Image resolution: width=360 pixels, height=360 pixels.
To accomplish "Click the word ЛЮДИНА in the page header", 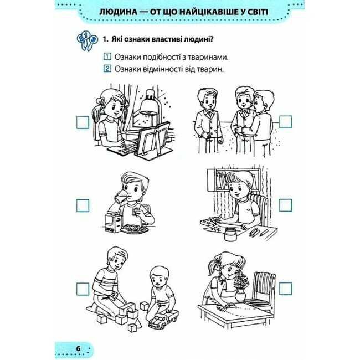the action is pyautogui.click(x=118, y=12).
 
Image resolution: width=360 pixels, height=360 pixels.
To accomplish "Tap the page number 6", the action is pyautogui.click(x=78, y=348).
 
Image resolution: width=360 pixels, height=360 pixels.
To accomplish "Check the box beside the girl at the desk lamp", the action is pyautogui.click(x=83, y=122).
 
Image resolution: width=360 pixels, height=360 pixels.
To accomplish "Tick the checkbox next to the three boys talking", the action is pyautogui.click(x=286, y=122).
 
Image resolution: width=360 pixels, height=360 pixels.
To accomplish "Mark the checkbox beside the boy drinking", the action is pyautogui.click(x=83, y=205).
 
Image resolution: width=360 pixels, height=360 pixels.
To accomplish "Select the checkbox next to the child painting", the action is pyautogui.click(x=286, y=205).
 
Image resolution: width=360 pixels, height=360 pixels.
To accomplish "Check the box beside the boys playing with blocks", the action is pyautogui.click(x=83, y=289).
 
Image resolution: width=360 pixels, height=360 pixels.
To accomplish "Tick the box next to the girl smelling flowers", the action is pyautogui.click(x=286, y=289).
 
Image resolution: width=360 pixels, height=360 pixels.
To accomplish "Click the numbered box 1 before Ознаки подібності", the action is pyautogui.click(x=107, y=56).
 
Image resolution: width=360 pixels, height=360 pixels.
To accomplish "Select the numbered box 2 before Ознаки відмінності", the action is pyautogui.click(x=107, y=69).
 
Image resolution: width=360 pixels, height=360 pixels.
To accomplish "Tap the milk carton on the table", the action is pyautogui.click(x=113, y=222).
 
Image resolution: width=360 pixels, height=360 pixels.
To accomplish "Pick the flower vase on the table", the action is pyautogui.click(x=240, y=296).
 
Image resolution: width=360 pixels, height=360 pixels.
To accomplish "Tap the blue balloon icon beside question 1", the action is pyautogui.click(x=86, y=41).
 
